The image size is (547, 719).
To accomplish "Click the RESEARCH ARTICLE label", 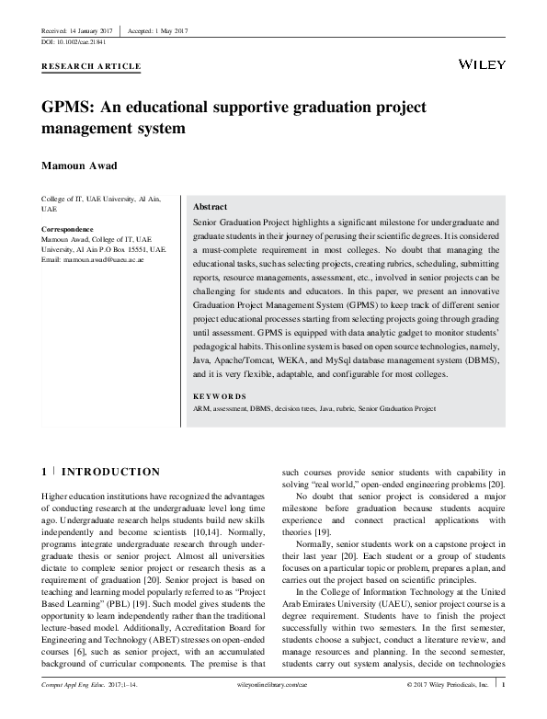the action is [x=91, y=67].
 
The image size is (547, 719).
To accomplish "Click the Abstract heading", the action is [x=211, y=208].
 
